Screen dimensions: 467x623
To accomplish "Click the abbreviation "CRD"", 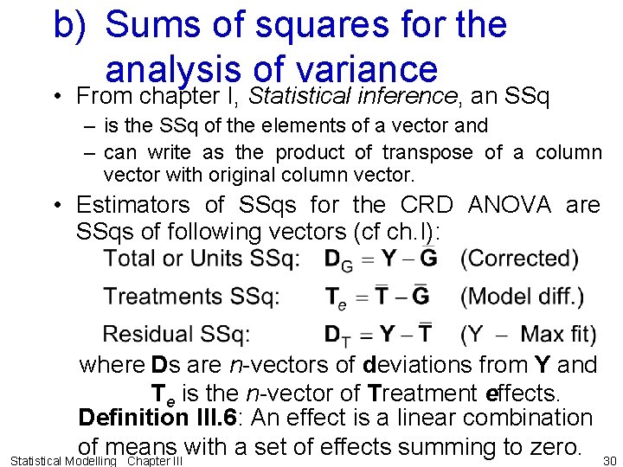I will point(428,205).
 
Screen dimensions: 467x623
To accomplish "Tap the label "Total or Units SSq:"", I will point(202,258).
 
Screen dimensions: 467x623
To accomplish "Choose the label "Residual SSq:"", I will point(177,334).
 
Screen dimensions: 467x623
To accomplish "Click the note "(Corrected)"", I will point(520,258).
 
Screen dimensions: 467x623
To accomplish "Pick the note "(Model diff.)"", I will point(523,297).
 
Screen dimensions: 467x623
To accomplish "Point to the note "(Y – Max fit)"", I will point(529,334).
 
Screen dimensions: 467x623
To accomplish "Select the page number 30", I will point(609,460).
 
